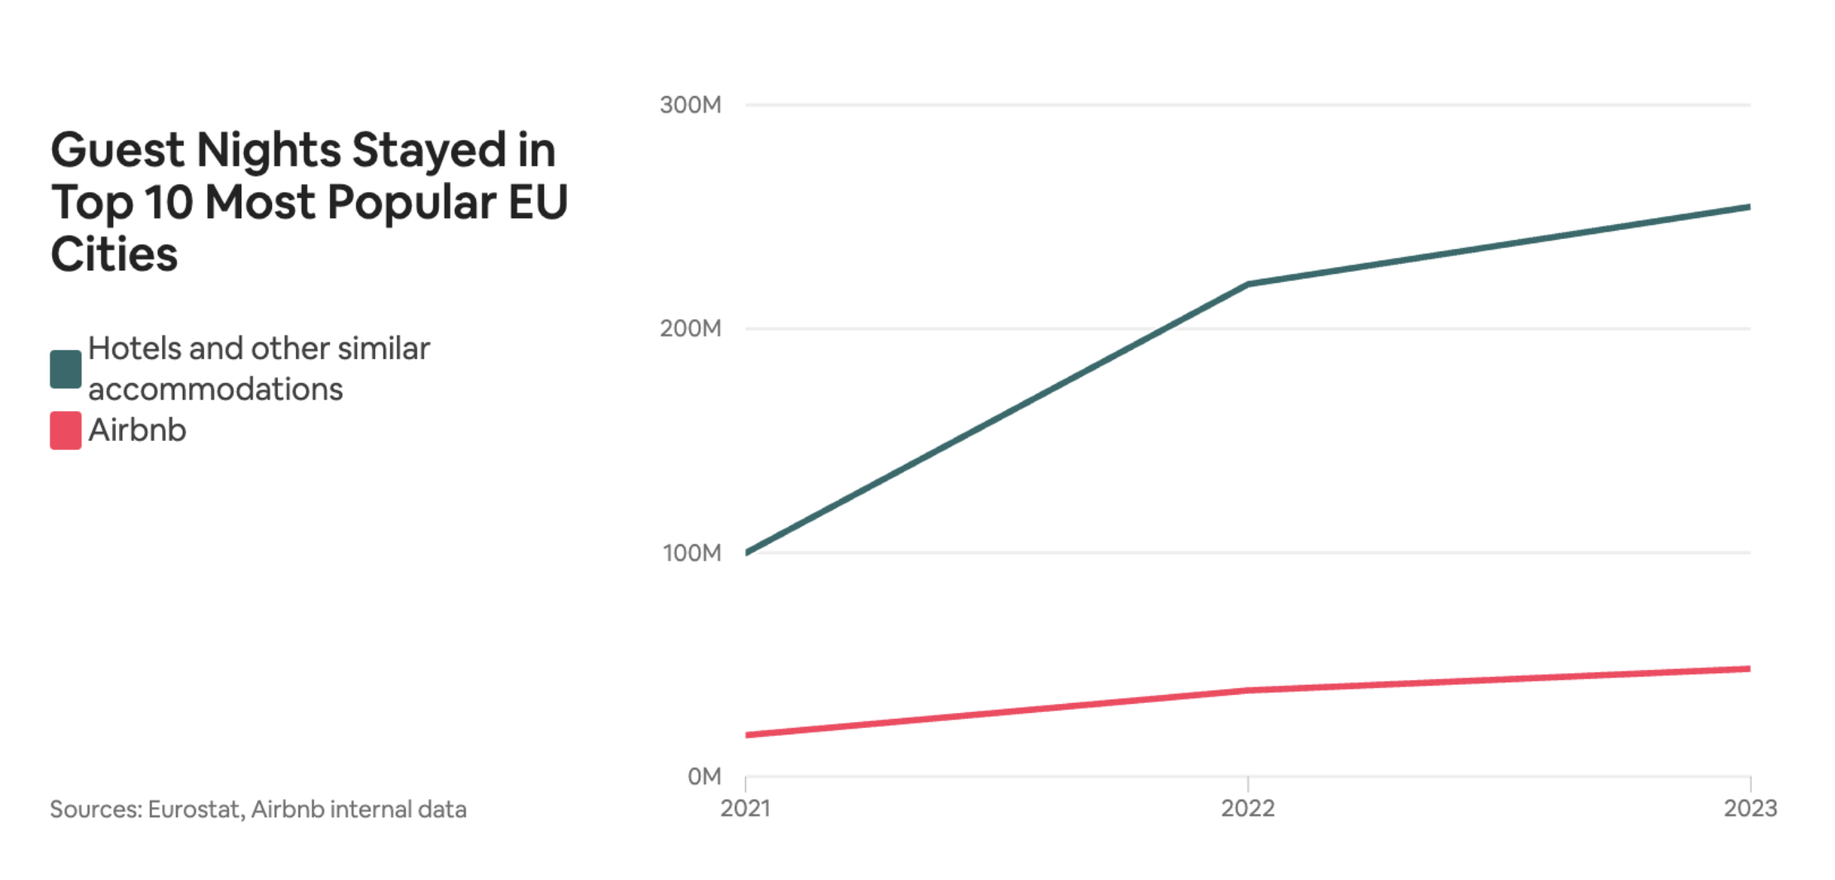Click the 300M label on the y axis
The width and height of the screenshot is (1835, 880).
point(690,105)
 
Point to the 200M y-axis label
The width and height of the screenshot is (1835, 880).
point(690,328)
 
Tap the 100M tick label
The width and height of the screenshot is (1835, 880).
point(691,552)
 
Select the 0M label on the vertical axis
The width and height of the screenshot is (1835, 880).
point(703,777)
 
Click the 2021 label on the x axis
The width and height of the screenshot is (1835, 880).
point(745,808)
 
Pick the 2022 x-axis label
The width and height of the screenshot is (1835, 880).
point(1247,808)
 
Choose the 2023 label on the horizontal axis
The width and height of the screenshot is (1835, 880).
point(1750,808)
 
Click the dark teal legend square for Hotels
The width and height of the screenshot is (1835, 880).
point(65,369)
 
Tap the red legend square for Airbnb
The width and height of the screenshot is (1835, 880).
point(65,430)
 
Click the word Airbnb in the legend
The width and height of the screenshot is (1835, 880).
point(137,430)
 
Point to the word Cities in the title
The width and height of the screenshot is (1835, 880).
point(114,254)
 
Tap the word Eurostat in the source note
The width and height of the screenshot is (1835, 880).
point(194,809)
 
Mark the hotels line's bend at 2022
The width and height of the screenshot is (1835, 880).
point(1247,284)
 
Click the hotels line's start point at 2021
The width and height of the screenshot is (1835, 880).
point(747,552)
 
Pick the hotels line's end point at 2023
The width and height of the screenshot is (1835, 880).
point(1748,207)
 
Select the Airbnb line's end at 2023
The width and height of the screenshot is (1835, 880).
point(1748,668)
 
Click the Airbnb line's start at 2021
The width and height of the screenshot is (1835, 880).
point(747,734)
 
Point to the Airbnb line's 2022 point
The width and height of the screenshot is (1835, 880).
point(1247,690)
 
